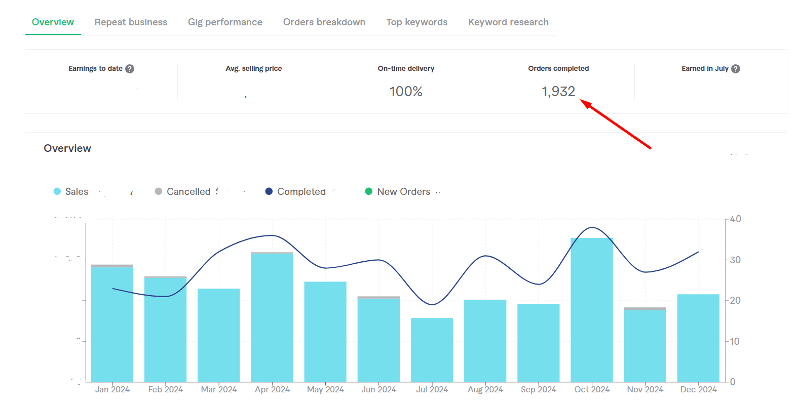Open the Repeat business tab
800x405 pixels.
pos(131,22)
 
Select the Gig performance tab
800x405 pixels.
pos(225,22)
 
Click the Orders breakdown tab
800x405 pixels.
pos(324,22)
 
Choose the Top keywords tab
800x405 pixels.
pos(417,22)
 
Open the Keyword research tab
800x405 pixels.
pos(508,22)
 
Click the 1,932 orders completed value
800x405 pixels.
pos(558,92)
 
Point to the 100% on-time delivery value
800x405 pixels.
pos(406,92)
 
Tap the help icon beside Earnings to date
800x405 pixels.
pos(130,69)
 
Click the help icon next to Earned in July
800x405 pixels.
pos(736,69)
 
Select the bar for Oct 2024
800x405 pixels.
pos(592,310)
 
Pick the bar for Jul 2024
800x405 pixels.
pos(432,350)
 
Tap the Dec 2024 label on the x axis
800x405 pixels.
pos(698,389)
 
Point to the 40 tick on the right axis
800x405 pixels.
pos(735,219)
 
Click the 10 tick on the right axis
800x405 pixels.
pos(735,341)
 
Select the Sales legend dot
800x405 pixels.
pos(57,191)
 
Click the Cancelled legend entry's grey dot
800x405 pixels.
pos(159,191)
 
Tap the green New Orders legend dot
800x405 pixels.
pos(369,191)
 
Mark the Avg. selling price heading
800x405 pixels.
pos(254,68)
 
